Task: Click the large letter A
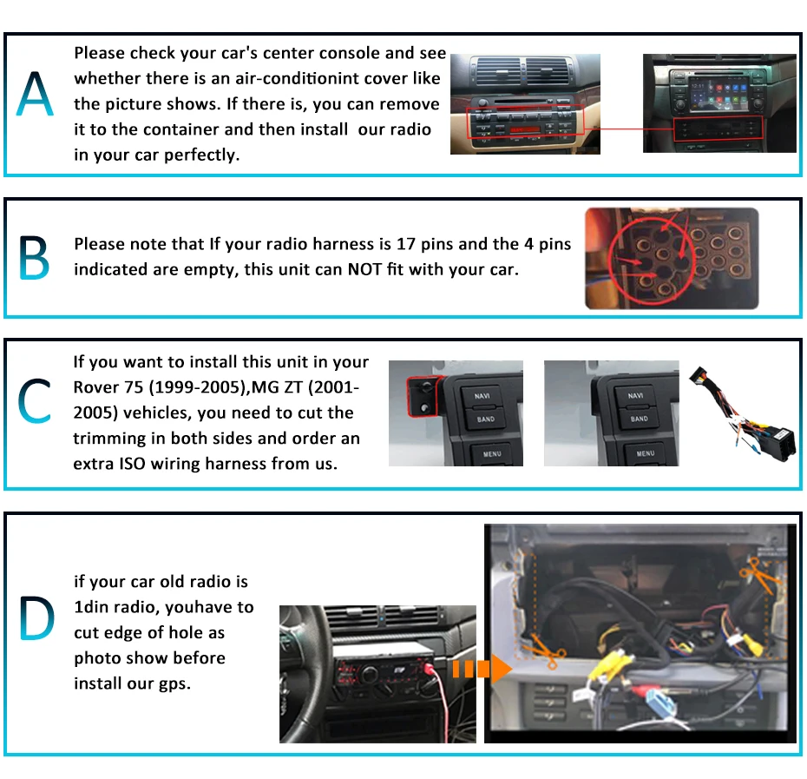[36, 96]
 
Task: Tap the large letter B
[34, 257]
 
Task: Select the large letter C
[35, 400]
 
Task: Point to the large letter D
[36, 619]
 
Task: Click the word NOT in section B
[364, 269]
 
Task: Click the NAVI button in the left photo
[483, 397]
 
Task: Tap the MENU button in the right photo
[645, 452]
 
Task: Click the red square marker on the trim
[423, 394]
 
